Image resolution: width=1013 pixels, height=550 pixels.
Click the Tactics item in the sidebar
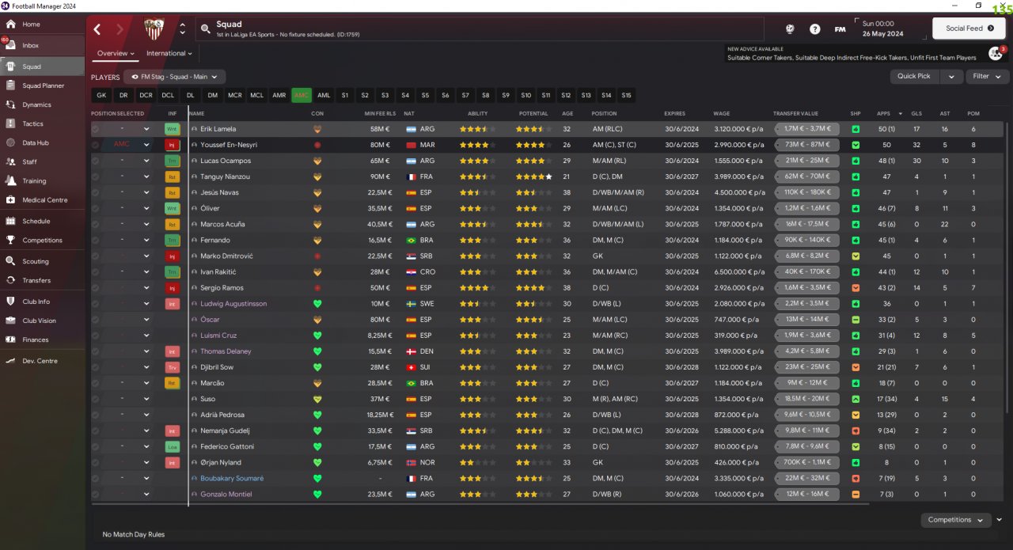tap(32, 123)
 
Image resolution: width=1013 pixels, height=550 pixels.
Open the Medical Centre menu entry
tap(44, 200)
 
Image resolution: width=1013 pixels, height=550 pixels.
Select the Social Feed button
tap(968, 28)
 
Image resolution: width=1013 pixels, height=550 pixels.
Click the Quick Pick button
tap(914, 76)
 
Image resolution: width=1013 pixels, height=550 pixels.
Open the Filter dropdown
tap(986, 76)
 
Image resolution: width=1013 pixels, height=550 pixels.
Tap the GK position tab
tap(101, 95)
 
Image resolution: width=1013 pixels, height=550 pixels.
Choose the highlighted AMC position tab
tap(302, 95)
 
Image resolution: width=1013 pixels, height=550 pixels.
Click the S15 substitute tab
tap(626, 95)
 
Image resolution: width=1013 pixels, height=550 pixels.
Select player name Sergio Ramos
tap(222, 288)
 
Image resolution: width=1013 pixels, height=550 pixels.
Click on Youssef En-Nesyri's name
tap(229, 145)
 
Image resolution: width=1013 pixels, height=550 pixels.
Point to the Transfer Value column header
tap(795, 113)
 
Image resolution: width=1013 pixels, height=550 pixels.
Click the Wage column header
tap(721, 113)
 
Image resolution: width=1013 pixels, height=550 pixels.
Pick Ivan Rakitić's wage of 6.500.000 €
tap(738, 272)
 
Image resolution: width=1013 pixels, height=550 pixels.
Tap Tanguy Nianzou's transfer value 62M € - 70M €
tap(807, 176)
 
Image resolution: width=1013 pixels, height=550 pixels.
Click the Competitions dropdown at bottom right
tap(955, 520)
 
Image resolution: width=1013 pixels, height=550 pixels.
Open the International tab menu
tap(169, 54)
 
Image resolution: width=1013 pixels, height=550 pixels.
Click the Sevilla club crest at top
tap(154, 29)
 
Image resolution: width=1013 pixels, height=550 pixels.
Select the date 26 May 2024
tap(882, 34)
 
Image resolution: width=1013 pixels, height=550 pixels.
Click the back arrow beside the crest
tap(97, 29)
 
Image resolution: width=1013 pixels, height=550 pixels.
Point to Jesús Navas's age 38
tap(567, 192)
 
